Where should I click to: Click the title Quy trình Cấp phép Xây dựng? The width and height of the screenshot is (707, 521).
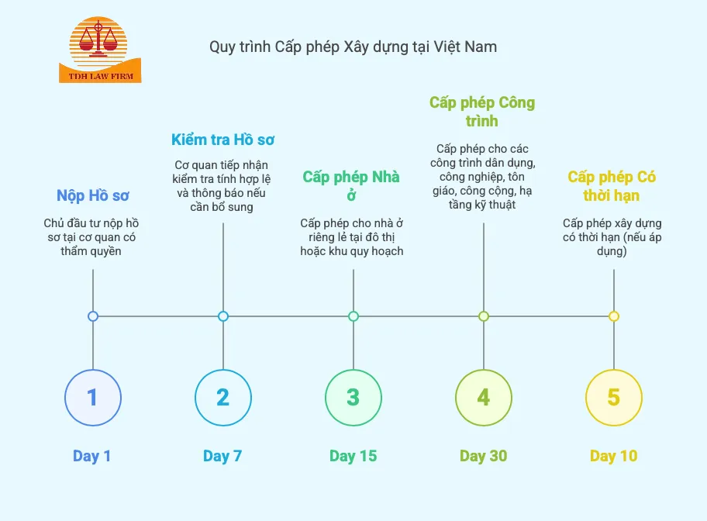click(x=353, y=47)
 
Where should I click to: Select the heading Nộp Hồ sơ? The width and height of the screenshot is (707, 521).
click(x=93, y=195)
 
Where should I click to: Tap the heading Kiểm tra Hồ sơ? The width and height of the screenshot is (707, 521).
click(x=223, y=140)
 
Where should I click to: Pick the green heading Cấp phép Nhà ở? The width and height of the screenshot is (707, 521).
click(x=352, y=186)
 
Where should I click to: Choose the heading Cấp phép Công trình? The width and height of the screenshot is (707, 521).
click(x=482, y=112)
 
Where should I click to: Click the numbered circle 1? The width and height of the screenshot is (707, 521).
click(x=93, y=398)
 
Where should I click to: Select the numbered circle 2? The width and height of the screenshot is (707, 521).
click(x=223, y=398)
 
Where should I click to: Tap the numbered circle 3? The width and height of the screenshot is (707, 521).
click(x=353, y=398)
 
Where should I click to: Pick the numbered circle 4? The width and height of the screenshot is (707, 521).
click(x=484, y=398)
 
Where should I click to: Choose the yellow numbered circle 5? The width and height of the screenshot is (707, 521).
click(x=614, y=398)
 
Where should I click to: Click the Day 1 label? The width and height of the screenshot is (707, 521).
click(x=92, y=456)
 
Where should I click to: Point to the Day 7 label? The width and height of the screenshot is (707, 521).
click(x=222, y=456)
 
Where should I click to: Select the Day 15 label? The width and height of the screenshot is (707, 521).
click(x=353, y=456)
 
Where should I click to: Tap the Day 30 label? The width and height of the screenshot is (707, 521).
click(x=483, y=456)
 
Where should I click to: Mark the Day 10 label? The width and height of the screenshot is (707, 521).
click(x=613, y=456)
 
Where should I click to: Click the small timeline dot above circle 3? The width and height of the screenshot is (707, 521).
click(x=353, y=316)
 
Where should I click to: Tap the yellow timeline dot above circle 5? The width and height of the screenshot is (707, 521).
click(x=614, y=316)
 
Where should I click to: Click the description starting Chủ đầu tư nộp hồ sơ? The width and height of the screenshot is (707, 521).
click(x=92, y=237)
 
